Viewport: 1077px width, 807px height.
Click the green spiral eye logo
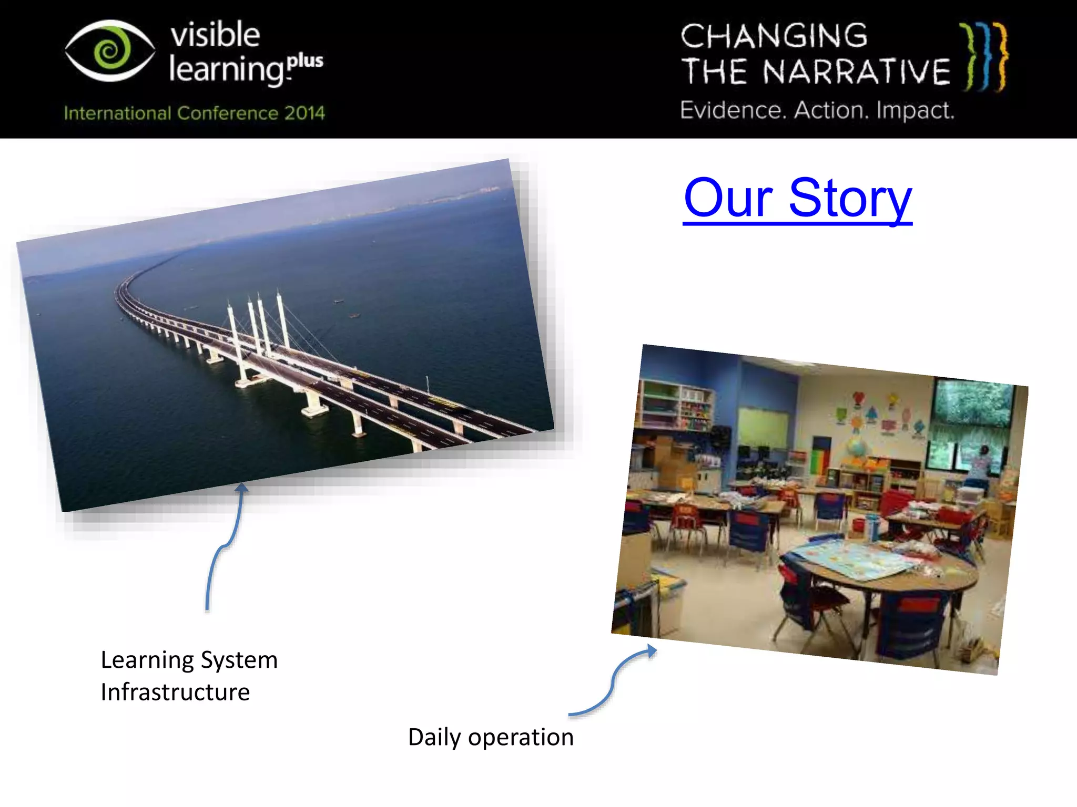pos(110,51)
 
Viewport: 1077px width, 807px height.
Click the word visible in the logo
pos(215,35)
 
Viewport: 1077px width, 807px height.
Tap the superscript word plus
pos(306,61)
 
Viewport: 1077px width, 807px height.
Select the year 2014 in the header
pos(304,113)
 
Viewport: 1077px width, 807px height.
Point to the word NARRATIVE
pos(856,72)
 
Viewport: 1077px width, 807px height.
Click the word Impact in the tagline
pos(915,111)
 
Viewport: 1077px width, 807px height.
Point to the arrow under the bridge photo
pos(226,546)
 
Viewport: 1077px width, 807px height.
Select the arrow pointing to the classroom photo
pos(615,683)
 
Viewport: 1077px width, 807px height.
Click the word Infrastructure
pos(175,692)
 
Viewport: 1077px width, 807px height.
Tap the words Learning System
pos(189,660)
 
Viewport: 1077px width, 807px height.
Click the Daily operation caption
pos(491,737)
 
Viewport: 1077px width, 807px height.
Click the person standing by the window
pos(979,465)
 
